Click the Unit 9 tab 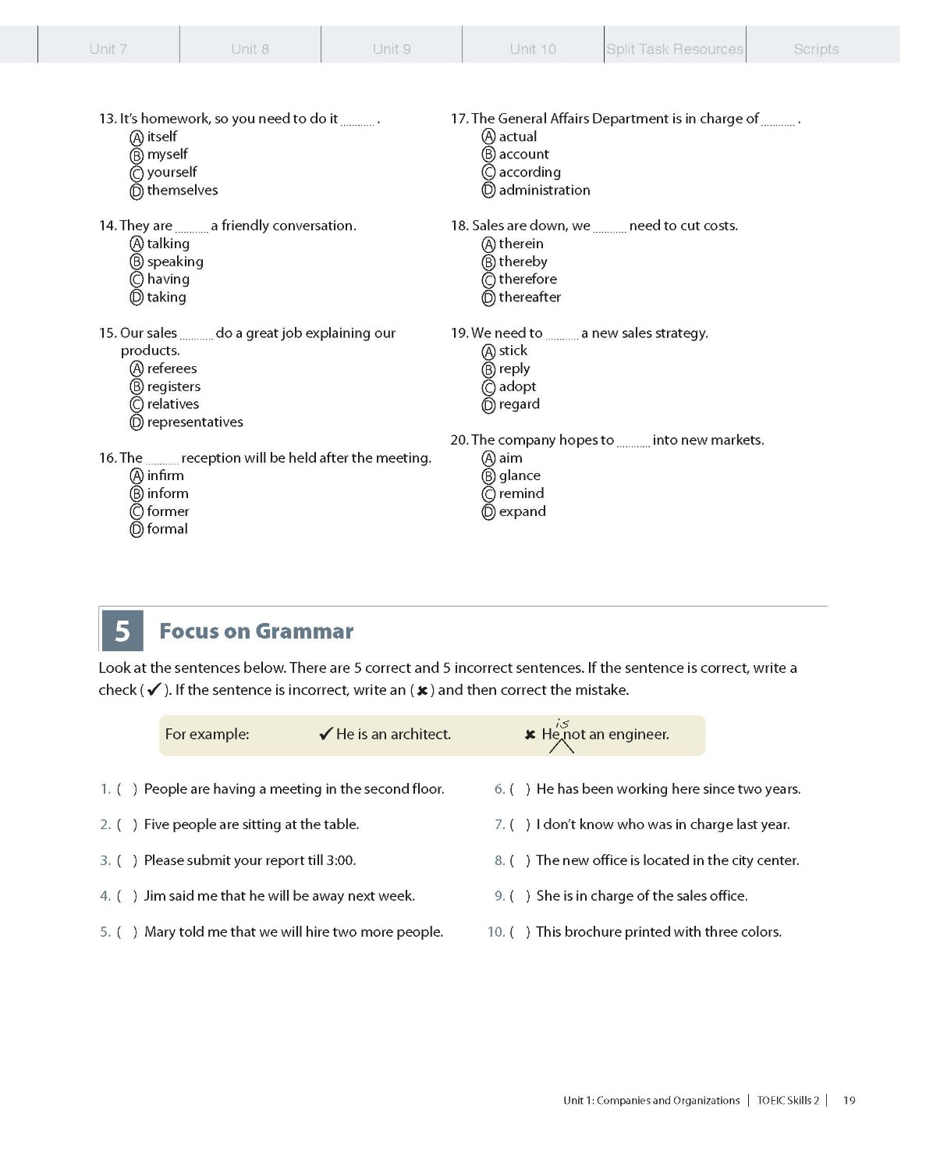click(x=392, y=48)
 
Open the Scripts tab click(x=816, y=48)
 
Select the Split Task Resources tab click(x=675, y=48)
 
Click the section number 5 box click(x=122, y=631)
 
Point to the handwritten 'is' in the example click(x=562, y=724)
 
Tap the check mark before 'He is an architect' click(x=326, y=734)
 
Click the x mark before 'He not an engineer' click(x=530, y=735)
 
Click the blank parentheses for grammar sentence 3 click(x=127, y=860)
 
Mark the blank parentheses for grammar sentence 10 click(x=520, y=932)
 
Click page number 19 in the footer click(x=849, y=1101)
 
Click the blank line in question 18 click(x=609, y=229)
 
